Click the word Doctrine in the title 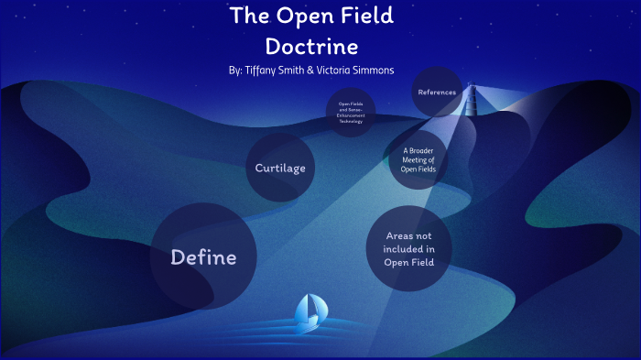coord(311,45)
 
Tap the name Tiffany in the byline coord(266,70)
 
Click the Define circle coord(203,257)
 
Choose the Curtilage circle coord(280,168)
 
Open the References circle coord(437,93)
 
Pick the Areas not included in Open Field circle coord(409,249)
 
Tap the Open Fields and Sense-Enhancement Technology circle coord(351,113)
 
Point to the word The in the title coord(248,16)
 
